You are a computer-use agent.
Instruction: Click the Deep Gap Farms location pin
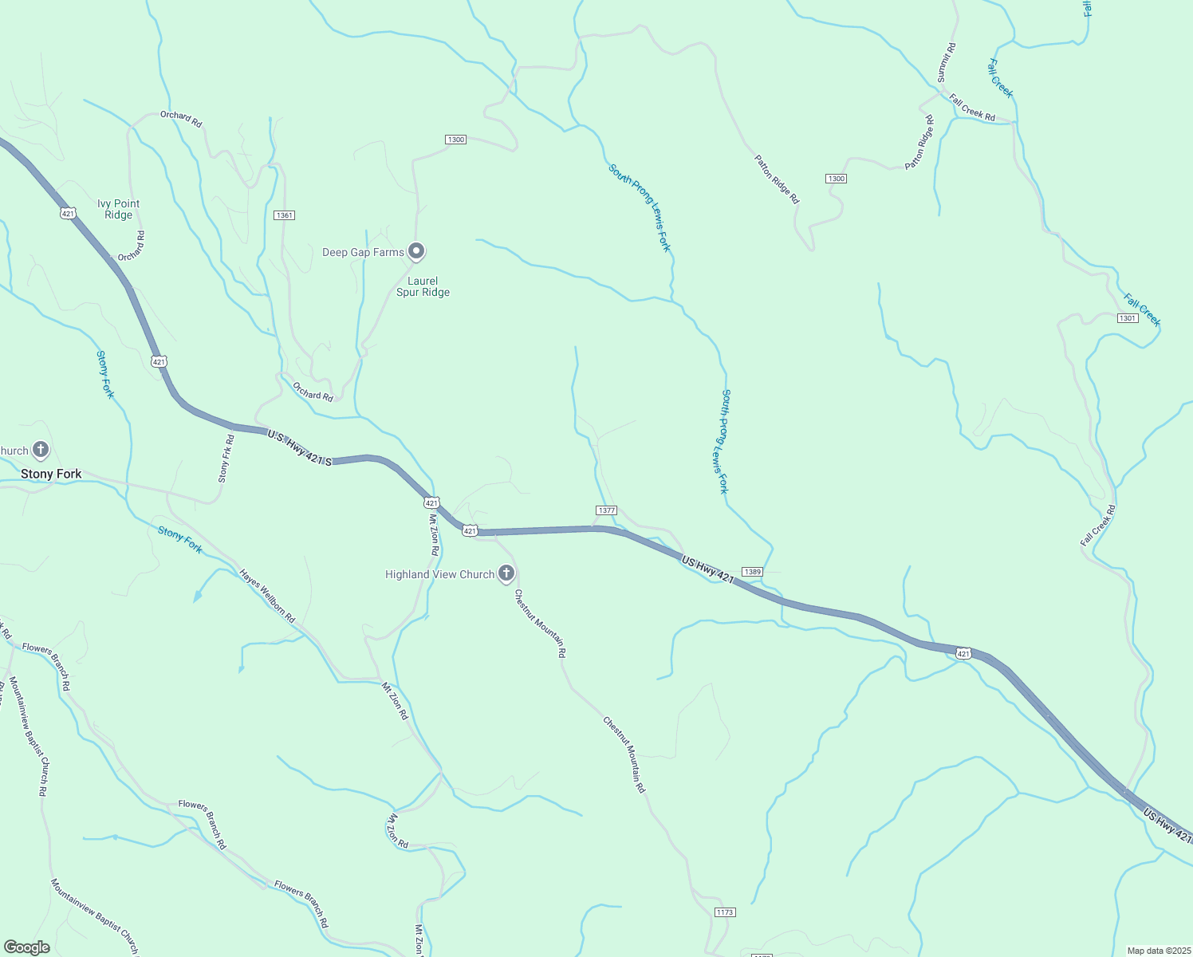coord(415,251)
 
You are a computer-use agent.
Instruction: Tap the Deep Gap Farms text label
coord(363,253)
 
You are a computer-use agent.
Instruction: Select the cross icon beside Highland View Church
coord(506,573)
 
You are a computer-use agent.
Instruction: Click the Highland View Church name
coord(439,574)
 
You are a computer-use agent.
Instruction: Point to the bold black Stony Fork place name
coord(51,474)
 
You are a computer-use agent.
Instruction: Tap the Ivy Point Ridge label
coord(118,209)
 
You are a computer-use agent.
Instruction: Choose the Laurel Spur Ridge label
coord(423,286)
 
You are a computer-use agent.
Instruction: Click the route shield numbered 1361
coord(284,215)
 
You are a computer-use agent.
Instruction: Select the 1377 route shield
coord(606,510)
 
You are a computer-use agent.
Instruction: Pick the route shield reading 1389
coord(752,572)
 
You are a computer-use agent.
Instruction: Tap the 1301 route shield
coord(1127,318)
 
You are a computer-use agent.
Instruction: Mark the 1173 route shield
coord(724,912)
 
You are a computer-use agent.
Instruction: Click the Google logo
coord(27,947)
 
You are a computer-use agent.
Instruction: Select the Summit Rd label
coord(946,62)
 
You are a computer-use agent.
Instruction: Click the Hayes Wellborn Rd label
coord(267,596)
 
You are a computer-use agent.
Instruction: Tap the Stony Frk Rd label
coord(226,458)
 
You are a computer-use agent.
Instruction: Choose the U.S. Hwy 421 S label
coord(299,448)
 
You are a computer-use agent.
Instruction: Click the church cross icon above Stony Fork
coord(41,450)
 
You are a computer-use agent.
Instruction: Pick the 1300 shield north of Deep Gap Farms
coord(455,140)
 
